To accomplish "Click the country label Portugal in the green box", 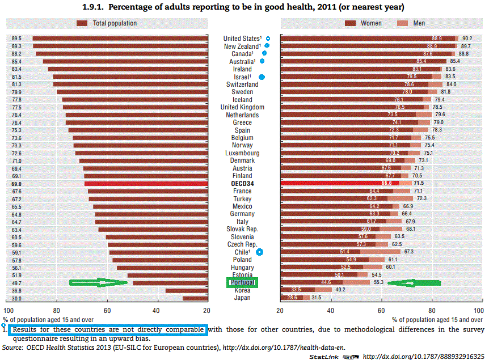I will tap(242, 282).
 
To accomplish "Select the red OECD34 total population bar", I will tap(147, 184).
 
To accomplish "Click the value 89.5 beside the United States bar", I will tap(16, 39).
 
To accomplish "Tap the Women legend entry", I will tap(371, 23).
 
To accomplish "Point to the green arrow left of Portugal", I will tap(98, 282).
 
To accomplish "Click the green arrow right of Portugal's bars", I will tap(420, 282).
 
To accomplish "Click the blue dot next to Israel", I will tap(262, 77).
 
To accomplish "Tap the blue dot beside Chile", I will tap(260, 252).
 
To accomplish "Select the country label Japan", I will tap(242, 298).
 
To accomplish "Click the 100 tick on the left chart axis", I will tap(9, 311).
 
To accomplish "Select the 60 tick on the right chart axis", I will tap(380, 311).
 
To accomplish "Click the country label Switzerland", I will tap(242, 84).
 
